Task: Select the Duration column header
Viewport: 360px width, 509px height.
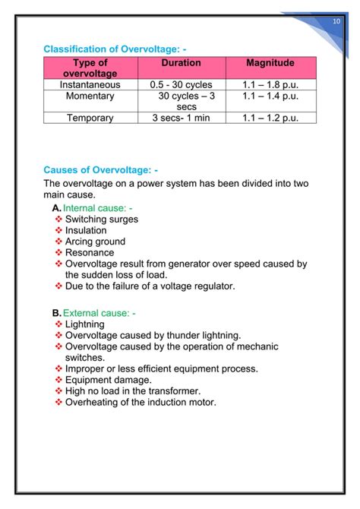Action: coord(181,62)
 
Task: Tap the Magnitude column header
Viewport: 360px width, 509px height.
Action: coord(270,62)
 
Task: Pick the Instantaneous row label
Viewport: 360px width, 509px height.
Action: coord(90,85)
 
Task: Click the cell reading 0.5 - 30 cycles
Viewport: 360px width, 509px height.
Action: coord(182,85)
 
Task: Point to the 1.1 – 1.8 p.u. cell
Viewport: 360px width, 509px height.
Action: coord(270,85)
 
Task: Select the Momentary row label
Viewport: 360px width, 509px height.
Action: coord(90,96)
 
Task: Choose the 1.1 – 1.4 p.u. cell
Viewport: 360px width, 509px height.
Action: coord(270,96)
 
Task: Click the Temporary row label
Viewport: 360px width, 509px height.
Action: coord(90,118)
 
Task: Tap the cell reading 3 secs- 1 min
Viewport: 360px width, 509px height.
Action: coord(182,118)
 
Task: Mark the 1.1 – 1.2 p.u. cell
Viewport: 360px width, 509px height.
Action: coord(270,118)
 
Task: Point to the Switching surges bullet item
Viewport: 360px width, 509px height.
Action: coord(102,219)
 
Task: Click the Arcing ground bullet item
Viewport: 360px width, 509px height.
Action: coord(95,242)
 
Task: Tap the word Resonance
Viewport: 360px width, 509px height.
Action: coord(90,252)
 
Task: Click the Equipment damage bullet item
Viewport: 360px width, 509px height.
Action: coord(108,380)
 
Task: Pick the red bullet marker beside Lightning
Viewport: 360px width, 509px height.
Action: coord(59,324)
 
